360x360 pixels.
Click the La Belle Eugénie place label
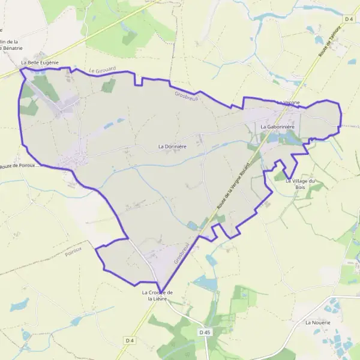(40, 62)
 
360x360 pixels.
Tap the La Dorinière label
(172, 146)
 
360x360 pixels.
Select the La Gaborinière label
(280, 127)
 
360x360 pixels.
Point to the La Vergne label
(289, 103)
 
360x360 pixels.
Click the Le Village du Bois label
(300, 184)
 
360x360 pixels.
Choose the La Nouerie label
(317, 322)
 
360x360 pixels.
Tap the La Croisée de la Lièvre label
(157, 296)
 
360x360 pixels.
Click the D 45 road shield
(205, 332)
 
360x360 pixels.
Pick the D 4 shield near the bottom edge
(129, 341)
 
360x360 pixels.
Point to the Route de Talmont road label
(326, 44)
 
